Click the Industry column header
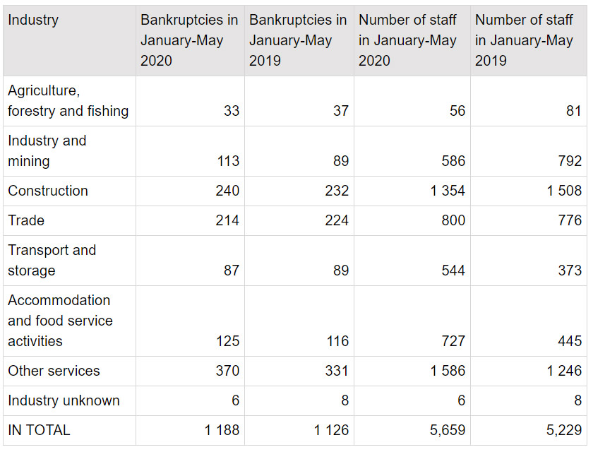point(33,20)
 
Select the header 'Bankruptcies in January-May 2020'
point(189,40)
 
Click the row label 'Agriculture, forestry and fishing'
point(68,101)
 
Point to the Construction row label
point(48,191)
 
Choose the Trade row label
point(26,220)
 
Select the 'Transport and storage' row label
point(52,260)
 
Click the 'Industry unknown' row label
point(64,400)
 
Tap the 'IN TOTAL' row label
point(39,430)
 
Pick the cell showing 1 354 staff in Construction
point(448,191)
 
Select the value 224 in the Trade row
point(337,220)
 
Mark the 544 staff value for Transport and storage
point(453,270)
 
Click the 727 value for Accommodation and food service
point(453,341)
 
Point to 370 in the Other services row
point(227,371)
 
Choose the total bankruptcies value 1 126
point(331,430)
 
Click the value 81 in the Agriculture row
point(573,111)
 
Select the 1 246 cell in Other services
point(564,371)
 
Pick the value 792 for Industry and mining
point(569,161)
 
